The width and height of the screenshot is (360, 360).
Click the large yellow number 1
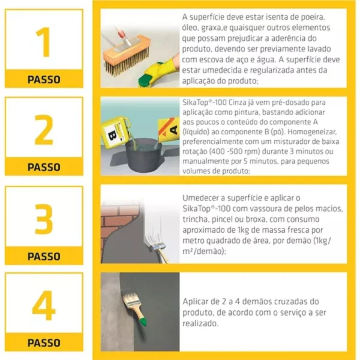pyautogui.click(x=44, y=42)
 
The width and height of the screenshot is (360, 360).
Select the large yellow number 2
pyautogui.click(x=44, y=130)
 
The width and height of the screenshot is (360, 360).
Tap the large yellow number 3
pyautogui.click(x=44, y=219)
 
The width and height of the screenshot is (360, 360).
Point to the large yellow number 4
pyautogui.click(x=44, y=305)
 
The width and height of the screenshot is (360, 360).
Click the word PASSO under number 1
pyautogui.click(x=44, y=79)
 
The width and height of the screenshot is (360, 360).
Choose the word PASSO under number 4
pyautogui.click(x=44, y=343)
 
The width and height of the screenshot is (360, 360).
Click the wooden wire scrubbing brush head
pyautogui.click(x=127, y=55)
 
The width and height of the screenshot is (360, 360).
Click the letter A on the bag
pyautogui.click(x=174, y=130)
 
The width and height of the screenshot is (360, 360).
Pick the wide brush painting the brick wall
pyautogui.click(x=156, y=245)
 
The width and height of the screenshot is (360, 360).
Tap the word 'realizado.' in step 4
pyautogui.click(x=200, y=323)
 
